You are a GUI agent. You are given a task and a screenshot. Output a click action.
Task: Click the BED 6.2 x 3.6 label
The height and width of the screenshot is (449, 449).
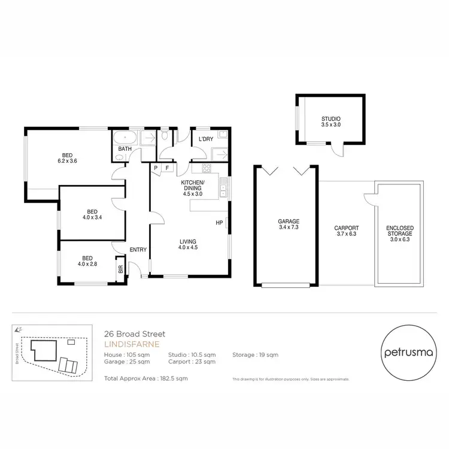point(67,157)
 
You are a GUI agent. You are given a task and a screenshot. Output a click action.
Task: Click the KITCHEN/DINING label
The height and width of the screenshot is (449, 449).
point(192,187)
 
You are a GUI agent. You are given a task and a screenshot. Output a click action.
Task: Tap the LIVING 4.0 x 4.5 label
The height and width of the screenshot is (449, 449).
point(188,244)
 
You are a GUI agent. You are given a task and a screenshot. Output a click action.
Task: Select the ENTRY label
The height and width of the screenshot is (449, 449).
point(138,250)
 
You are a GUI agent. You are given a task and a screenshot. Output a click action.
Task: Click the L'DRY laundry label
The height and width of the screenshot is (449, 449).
point(205,139)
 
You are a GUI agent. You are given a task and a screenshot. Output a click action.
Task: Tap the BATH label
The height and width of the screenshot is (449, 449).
point(125,148)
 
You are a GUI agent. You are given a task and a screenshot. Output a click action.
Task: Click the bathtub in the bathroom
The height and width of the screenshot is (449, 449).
point(125,136)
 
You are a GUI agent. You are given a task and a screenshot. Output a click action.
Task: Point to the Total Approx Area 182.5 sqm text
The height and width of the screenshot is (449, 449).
point(146,378)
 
